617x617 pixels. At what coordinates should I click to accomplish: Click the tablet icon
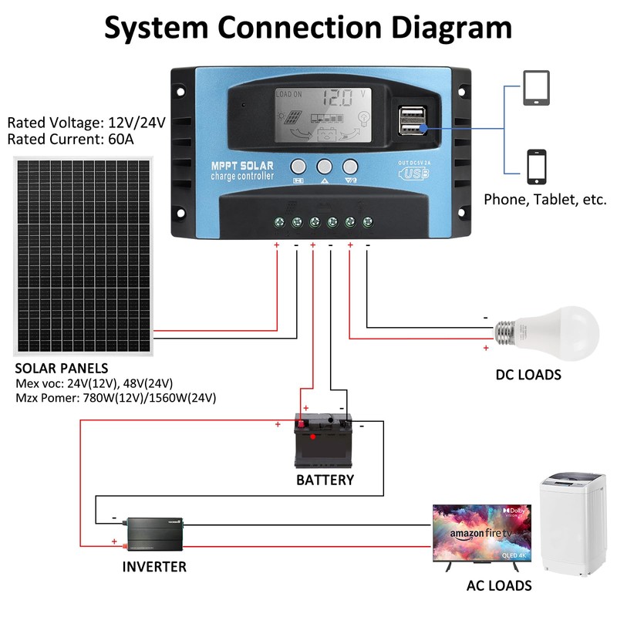538,88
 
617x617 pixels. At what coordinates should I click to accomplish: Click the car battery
324,441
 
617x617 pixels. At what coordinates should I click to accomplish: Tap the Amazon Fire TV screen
482,534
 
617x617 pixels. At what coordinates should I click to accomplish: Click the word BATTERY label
325,480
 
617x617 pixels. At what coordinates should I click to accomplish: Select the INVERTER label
154,567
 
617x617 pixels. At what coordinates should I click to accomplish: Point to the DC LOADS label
528,375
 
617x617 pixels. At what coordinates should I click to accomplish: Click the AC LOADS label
499,585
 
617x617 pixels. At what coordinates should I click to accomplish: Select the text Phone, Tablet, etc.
545,199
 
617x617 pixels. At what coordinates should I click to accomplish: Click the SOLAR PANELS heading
62,368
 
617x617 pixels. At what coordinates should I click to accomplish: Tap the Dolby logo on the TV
518,511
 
